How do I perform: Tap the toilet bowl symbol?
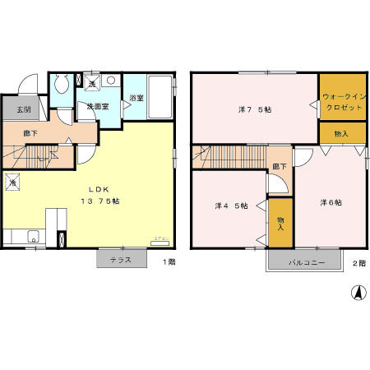59,86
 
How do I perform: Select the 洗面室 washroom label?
100,107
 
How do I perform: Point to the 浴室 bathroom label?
136,99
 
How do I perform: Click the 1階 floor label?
169,262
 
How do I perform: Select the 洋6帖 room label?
331,202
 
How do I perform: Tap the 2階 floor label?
358,263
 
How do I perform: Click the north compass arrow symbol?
358,293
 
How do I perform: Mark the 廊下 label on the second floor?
280,167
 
